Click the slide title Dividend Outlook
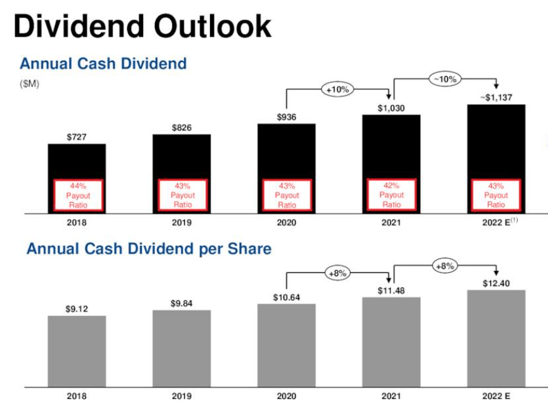coord(142,27)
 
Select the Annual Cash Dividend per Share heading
coord(149,249)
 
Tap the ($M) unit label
coord(29,84)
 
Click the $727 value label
coord(77,137)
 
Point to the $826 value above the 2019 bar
coord(182,128)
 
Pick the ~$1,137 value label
coord(496,98)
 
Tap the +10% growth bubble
coord(337,90)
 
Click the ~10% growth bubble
coord(445,79)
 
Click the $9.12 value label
coord(77,309)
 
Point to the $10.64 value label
coord(286,297)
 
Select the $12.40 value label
coord(496,284)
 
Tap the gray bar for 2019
coord(182,348)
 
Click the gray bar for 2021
coord(391,342)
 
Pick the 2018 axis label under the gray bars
coord(77,397)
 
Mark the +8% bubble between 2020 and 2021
coord(337,274)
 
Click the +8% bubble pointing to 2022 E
coord(445,267)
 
